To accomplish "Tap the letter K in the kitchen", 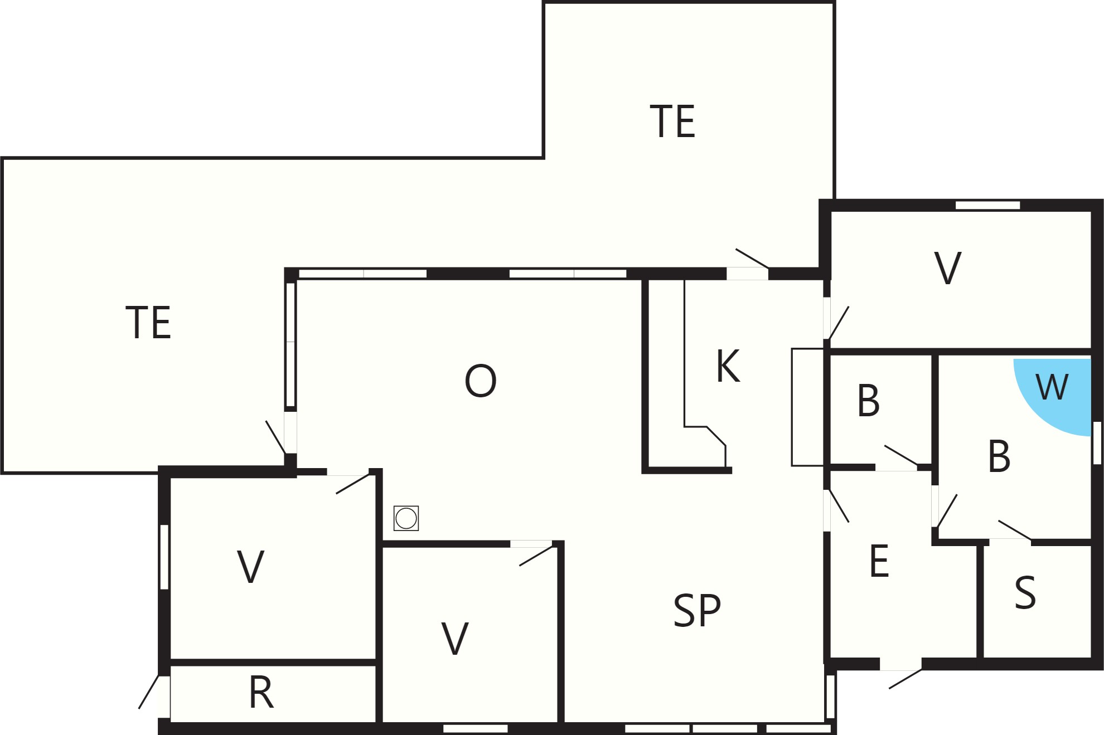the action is tap(728, 366).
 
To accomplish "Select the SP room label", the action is tap(697, 611).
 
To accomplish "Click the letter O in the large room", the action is tap(480, 381).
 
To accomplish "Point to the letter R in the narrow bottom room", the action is tap(261, 692).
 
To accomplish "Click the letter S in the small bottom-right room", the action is tap(1025, 592).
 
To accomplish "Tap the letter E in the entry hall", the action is tap(879, 561).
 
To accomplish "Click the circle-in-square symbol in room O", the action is tap(406, 518).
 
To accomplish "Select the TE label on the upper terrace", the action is tap(672, 121).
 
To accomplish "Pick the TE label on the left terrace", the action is tap(148, 322).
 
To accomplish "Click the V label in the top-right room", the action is tap(947, 268).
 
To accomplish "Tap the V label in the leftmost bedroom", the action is tap(250, 567).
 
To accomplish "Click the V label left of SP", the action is tap(455, 638).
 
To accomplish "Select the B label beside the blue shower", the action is tap(999, 456).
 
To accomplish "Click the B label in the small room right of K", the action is tap(868, 401).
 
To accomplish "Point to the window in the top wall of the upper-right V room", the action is tap(987, 205).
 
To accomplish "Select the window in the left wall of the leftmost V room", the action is tap(164, 557).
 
